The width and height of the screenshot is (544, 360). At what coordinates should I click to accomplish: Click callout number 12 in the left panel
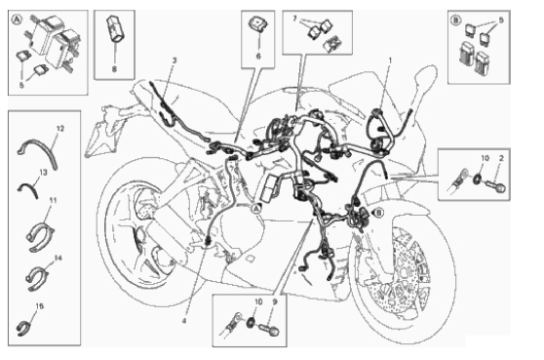point(60,129)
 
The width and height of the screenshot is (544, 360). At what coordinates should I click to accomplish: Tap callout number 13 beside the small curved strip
point(43,172)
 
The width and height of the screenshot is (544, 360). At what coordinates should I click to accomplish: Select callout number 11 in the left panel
point(53,200)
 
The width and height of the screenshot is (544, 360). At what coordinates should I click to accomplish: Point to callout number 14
point(58,258)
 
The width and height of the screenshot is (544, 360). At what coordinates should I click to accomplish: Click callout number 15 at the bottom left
point(40,306)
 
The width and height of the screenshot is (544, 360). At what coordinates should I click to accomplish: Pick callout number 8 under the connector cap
point(114,69)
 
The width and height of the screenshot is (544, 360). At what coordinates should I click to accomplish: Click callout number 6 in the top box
point(258,56)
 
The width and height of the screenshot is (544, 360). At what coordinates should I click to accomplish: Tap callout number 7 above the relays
point(294,19)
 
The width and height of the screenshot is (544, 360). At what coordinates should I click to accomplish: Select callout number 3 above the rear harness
point(175,60)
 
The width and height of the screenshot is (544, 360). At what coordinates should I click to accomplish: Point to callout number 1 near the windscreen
point(390,60)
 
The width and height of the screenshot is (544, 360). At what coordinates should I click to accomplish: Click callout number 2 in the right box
point(501,158)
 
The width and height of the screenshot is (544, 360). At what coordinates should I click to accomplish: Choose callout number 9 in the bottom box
point(275,302)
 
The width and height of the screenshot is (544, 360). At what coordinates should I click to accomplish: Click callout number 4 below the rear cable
point(184,321)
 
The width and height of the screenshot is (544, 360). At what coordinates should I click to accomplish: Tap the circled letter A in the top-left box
point(17,20)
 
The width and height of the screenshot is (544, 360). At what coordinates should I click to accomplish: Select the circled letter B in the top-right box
point(456,20)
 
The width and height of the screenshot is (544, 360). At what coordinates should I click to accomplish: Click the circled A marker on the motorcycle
point(255,209)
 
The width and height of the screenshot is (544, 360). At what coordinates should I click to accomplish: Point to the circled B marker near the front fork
point(379,213)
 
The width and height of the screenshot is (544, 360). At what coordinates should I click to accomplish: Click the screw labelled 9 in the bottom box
point(270,329)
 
